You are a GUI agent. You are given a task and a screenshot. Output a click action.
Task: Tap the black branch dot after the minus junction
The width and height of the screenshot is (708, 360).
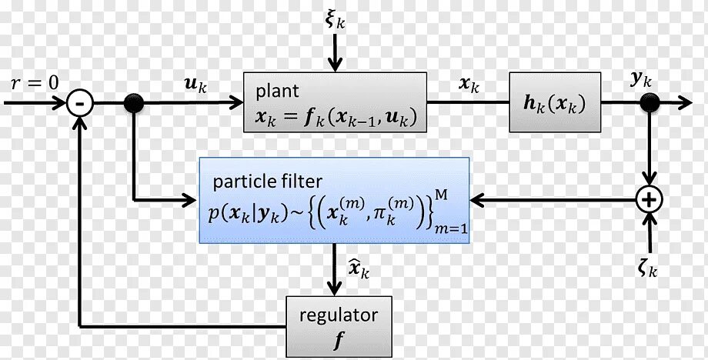(134, 102)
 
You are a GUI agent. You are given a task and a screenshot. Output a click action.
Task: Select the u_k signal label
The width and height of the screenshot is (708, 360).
(195, 84)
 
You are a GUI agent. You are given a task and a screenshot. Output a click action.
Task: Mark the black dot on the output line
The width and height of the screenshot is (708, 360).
(650, 102)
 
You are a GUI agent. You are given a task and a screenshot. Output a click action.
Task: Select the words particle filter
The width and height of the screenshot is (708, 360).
(268, 182)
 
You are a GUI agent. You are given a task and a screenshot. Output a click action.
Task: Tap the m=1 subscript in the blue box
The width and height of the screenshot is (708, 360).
(448, 229)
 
